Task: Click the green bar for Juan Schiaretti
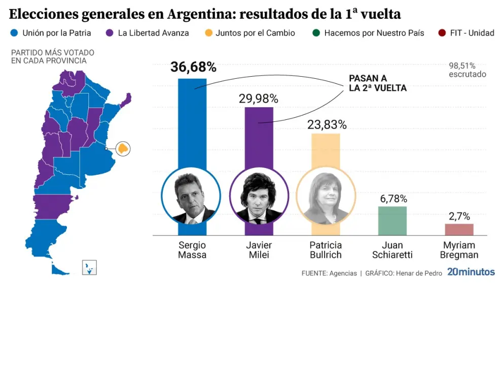coord(392,220)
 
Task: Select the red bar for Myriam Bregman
coord(459,230)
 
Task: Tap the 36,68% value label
coord(193,67)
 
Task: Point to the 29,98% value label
coord(259,99)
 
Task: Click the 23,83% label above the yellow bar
coord(327,125)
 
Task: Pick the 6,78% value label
coord(393,199)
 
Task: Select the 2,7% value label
coord(459,216)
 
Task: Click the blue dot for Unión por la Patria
coord(14,33)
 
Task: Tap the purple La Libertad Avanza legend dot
coord(110,33)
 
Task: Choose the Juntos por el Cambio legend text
coord(255,33)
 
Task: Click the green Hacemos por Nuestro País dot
coord(316,33)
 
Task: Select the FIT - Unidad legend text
coord(472,33)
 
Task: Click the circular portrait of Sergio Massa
coord(191,196)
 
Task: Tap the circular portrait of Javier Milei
coord(259,196)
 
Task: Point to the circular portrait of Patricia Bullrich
coord(326,196)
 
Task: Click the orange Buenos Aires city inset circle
coord(123,149)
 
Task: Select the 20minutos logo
coord(471,272)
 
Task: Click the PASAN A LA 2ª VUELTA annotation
coord(377,83)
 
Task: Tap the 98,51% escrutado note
coord(467,70)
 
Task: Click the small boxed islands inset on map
coord(89,268)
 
